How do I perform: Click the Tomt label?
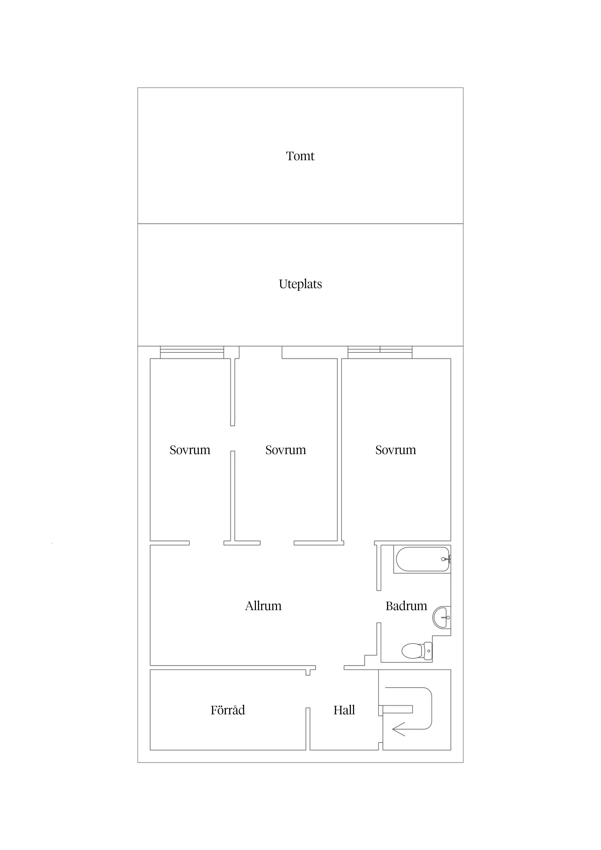300,156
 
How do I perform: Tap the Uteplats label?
300,284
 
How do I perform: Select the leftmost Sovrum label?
190,450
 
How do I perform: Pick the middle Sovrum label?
285,450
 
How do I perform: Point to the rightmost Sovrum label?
395,450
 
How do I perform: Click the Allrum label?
263,606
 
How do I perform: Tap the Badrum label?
406,606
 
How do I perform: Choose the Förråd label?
228,710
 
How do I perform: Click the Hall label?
344,710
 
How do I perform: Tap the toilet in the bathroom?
417,651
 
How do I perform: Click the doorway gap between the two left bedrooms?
233,438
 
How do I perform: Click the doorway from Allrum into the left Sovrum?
207,543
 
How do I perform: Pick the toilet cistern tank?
428,651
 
